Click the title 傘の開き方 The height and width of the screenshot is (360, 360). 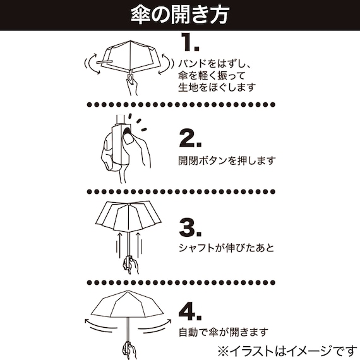180,13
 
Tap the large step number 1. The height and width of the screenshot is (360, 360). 189,42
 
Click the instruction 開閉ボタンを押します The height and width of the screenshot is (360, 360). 227,160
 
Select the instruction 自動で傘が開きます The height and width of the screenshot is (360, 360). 222,331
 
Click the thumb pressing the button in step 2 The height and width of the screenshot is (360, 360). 129,138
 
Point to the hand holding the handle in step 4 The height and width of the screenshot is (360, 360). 128,349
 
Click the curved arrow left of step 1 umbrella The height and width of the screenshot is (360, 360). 89,63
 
